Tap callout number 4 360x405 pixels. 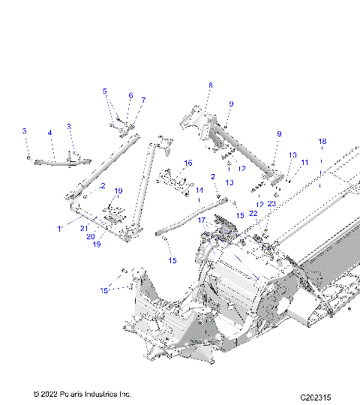50,133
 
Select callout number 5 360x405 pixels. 105,91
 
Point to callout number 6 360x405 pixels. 130,96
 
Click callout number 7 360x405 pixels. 143,100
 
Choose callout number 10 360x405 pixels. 292,155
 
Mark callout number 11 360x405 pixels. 304,162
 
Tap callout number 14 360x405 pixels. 199,190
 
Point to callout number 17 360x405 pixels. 201,220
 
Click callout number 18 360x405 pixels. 322,142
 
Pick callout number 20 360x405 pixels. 90,236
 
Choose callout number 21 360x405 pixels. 84,228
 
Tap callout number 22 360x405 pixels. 253,214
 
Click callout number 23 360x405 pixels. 271,204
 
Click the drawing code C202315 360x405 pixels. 316,396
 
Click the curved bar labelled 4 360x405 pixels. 56,160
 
